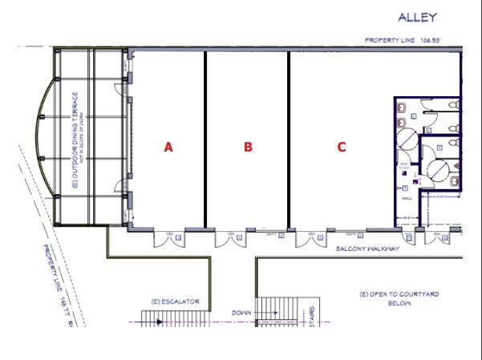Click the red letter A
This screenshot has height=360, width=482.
168,147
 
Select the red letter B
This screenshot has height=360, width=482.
249,147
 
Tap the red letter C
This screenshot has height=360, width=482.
342,147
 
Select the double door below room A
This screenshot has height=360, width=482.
170,237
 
